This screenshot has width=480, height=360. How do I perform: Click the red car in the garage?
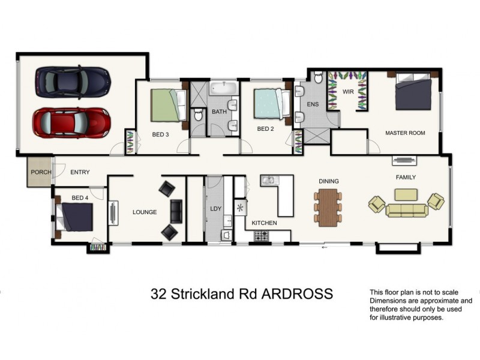(72, 122)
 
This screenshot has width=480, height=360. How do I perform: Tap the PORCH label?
(41, 172)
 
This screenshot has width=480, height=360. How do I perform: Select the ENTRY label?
(80, 172)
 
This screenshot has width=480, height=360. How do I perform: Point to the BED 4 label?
(80, 198)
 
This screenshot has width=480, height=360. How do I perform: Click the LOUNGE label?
(145, 212)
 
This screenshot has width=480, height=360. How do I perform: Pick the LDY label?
(216, 209)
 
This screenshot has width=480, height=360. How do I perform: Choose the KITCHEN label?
(264, 223)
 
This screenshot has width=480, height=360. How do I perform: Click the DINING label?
(329, 181)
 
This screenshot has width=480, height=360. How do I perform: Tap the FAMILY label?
(406, 177)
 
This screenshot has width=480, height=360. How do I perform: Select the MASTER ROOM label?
(405, 133)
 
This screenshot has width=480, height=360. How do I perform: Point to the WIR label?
(347, 92)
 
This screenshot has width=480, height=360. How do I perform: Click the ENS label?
(313, 105)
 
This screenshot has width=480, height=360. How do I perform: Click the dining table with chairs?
(328, 207)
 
